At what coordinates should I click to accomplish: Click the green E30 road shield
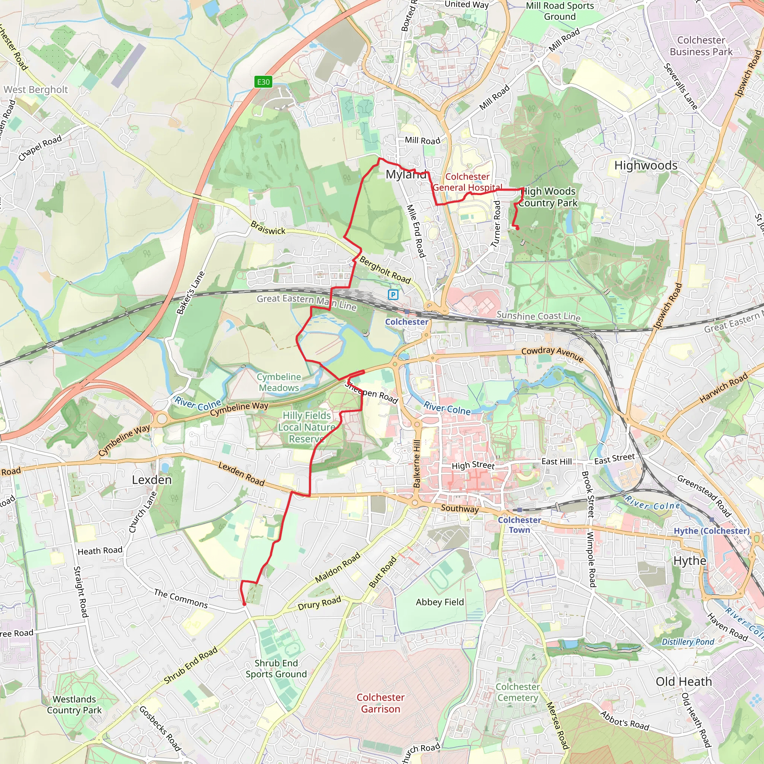(x=263, y=82)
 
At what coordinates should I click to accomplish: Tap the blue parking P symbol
(x=393, y=295)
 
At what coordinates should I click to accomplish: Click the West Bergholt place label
(x=36, y=90)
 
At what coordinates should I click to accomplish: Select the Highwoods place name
(x=646, y=165)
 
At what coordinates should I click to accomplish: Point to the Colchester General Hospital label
(x=467, y=182)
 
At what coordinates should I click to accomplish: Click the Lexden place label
(x=152, y=480)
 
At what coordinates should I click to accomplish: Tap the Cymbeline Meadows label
(x=279, y=382)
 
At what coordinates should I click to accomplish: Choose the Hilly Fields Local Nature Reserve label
(x=307, y=427)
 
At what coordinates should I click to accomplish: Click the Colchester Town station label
(x=519, y=525)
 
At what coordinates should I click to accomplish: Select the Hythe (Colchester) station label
(x=711, y=531)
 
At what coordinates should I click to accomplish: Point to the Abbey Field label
(x=440, y=602)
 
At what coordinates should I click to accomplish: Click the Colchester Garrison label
(x=381, y=703)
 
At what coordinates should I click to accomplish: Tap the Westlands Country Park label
(x=74, y=704)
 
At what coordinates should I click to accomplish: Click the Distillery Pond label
(x=688, y=642)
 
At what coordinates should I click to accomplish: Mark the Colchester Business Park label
(x=701, y=46)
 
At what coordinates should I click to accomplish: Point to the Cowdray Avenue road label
(x=552, y=353)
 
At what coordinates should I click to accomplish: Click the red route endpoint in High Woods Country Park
(x=517, y=228)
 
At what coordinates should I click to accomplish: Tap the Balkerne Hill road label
(x=417, y=463)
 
